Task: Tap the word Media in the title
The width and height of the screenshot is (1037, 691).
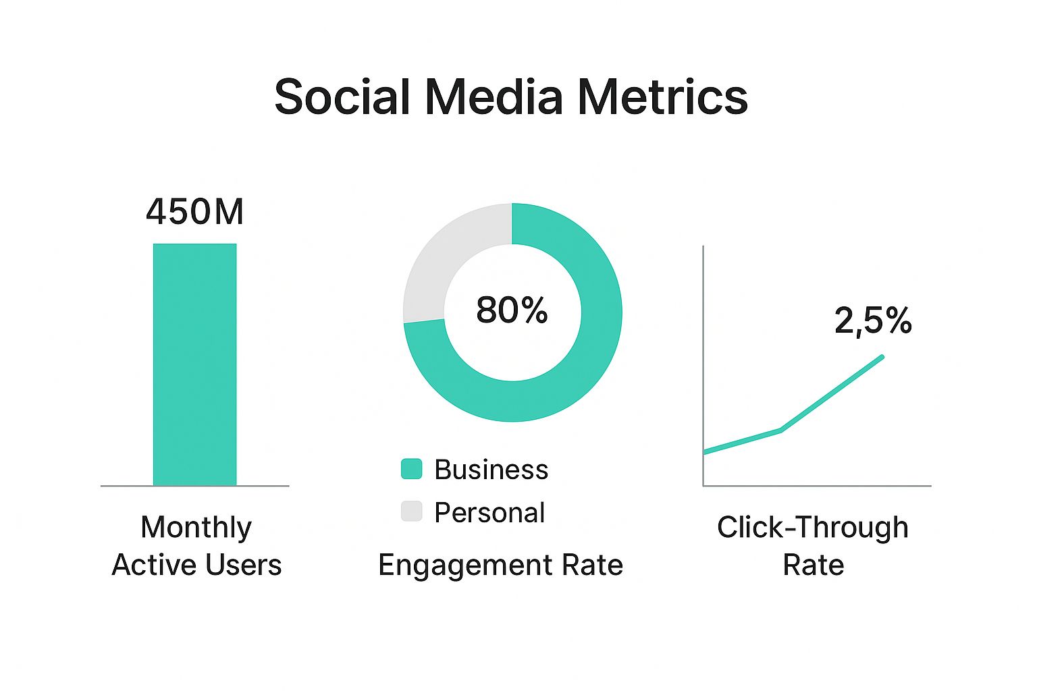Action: [494, 97]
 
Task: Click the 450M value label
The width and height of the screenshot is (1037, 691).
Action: [194, 212]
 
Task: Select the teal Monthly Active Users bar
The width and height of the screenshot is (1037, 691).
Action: [194, 364]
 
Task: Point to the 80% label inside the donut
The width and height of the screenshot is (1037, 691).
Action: [512, 310]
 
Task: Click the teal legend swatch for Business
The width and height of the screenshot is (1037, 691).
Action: [411, 469]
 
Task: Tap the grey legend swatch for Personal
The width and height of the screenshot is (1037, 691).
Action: [411, 512]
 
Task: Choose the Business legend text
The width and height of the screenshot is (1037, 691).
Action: [491, 470]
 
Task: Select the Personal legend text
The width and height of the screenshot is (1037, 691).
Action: [489, 513]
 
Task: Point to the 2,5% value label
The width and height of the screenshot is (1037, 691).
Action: [873, 321]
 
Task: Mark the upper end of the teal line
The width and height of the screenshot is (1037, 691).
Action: [881, 356]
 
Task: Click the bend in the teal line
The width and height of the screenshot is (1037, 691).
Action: [781, 430]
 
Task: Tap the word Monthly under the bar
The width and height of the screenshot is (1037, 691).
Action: [196, 528]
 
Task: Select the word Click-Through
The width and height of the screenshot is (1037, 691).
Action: [813, 528]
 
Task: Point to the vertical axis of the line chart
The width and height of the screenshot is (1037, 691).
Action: [703, 364]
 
